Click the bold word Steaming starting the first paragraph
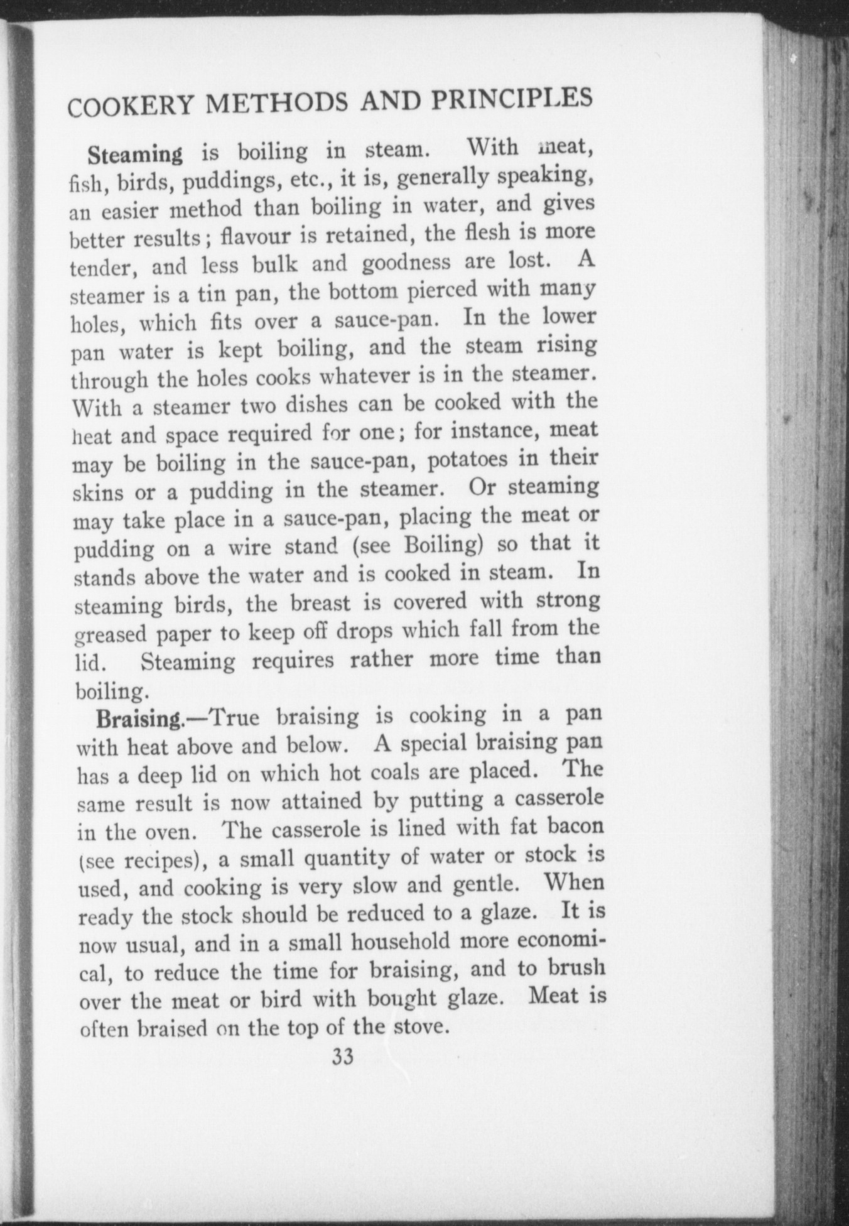pyautogui.click(x=136, y=153)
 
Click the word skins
pyautogui.click(x=99, y=494)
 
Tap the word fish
pyautogui.click(x=84, y=185)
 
